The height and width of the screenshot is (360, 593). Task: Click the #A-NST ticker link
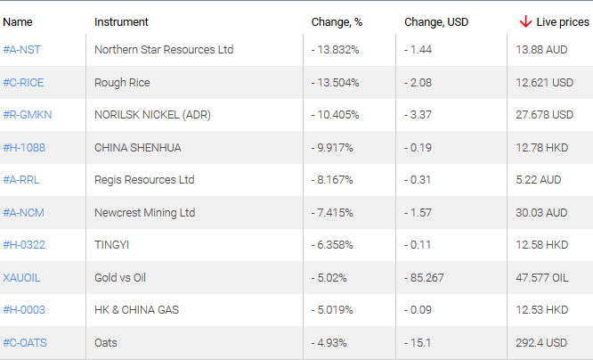pos(20,50)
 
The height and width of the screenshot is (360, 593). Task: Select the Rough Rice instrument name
pos(122,83)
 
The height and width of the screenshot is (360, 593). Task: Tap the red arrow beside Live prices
pos(525,21)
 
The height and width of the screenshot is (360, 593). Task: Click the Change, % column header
pos(335,21)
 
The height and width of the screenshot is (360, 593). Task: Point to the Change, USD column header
pos(435,21)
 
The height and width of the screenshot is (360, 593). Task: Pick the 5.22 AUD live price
pos(538,180)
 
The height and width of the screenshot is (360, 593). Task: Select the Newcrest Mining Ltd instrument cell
pos(143,213)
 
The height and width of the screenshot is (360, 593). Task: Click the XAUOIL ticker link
pos(21,277)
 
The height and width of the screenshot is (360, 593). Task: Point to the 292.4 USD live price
pos(541,342)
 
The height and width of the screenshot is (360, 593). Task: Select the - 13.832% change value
pos(336,50)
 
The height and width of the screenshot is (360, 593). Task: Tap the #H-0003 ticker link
pos(24,310)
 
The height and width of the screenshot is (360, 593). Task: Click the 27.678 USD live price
pos(544,115)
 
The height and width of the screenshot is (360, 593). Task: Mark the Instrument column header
pos(121,21)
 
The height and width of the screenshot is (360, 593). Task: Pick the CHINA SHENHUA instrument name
pos(137,148)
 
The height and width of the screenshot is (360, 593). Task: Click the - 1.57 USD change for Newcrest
pos(418,213)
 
